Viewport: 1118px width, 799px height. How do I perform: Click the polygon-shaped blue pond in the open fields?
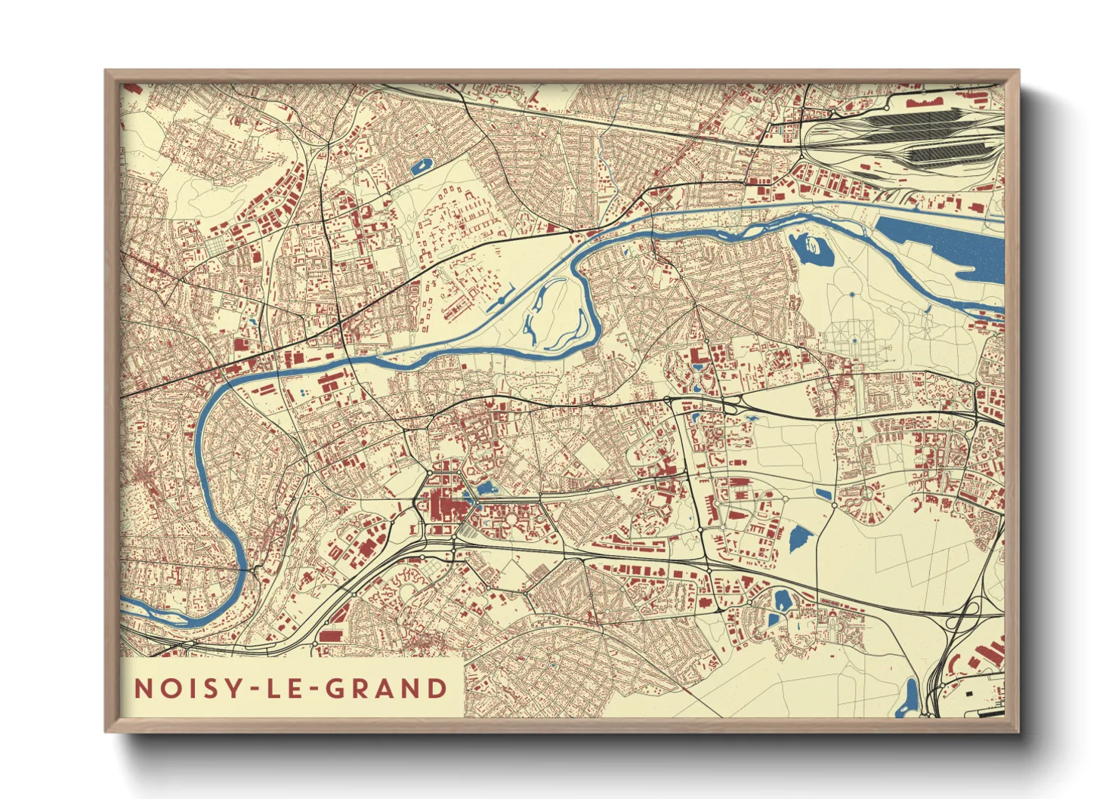point(800,538)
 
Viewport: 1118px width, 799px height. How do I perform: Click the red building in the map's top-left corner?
point(133,89)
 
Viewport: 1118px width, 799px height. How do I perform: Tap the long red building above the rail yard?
point(925,100)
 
